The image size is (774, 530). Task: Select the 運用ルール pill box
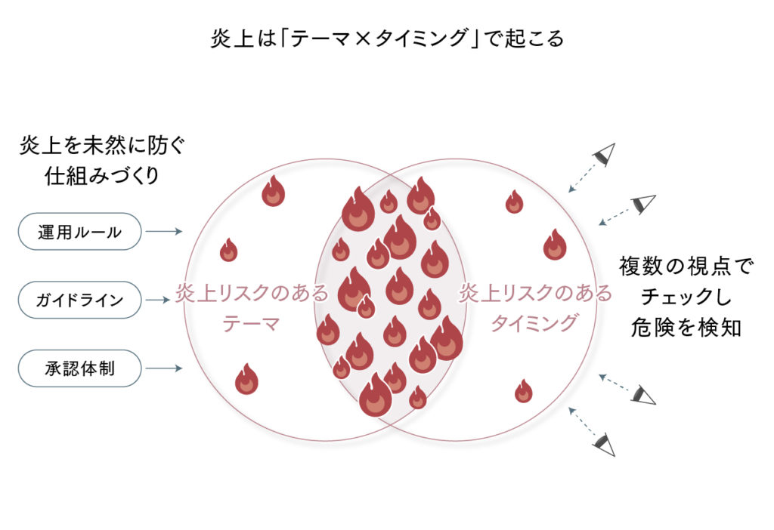tap(79, 232)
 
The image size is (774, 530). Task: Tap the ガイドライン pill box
tap(79, 300)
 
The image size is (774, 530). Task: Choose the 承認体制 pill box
tap(79, 368)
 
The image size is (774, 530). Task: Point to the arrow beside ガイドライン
tap(163, 300)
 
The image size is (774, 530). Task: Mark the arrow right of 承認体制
tap(163, 368)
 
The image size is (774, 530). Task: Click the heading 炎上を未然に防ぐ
tap(102, 146)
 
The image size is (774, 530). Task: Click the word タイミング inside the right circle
tap(534, 324)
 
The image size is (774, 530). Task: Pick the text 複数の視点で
tap(686, 266)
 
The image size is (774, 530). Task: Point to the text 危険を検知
tap(686, 329)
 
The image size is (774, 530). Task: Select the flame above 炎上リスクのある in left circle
tap(228, 251)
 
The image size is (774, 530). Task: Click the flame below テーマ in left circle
tap(246, 380)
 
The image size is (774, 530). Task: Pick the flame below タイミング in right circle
tap(523, 391)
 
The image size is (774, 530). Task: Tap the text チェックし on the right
tap(686, 297)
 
